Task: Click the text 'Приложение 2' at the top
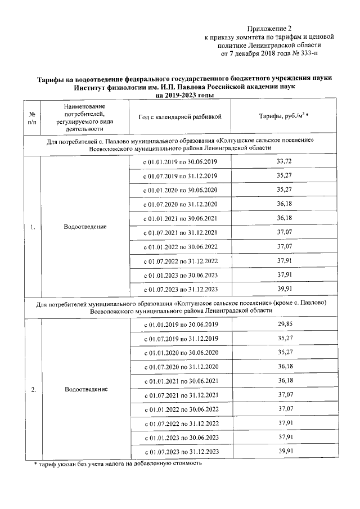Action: coord(271,28)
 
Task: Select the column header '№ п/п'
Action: coord(31,117)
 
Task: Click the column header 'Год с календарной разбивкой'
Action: coord(180,116)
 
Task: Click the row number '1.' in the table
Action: coord(32,227)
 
